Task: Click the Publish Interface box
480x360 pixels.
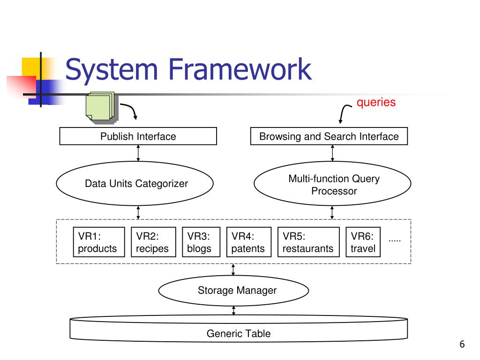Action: click(x=138, y=136)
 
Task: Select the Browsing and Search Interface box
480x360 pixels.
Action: click(x=329, y=136)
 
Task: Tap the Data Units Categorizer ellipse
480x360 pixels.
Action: click(x=135, y=183)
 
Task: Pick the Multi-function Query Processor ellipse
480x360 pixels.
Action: click(x=332, y=183)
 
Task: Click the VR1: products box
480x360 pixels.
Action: click(x=99, y=242)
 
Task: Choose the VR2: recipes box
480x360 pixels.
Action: click(x=153, y=242)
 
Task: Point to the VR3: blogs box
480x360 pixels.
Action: click(x=201, y=242)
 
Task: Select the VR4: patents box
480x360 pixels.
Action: click(x=249, y=242)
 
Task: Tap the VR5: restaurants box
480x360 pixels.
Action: click(x=308, y=242)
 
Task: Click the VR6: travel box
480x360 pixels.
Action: click(x=363, y=242)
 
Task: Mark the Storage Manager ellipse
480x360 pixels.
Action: click(x=233, y=291)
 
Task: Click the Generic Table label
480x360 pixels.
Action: click(x=239, y=333)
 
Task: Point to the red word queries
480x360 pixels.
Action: click(x=376, y=102)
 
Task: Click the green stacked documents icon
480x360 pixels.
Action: click(x=101, y=107)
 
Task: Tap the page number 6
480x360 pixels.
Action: click(x=462, y=344)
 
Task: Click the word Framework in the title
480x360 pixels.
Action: click(x=240, y=69)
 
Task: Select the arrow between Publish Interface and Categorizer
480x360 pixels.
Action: click(x=138, y=153)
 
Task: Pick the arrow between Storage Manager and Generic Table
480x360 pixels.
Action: click(x=233, y=310)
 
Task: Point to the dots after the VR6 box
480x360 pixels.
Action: click(x=395, y=241)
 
